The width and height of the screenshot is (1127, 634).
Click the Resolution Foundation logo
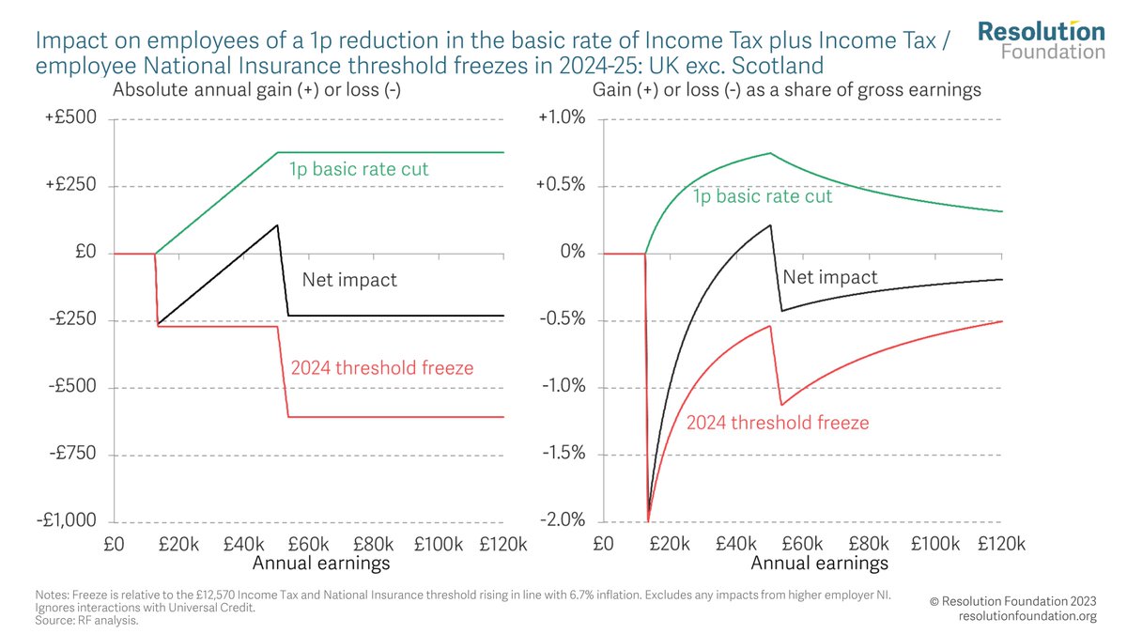(1041, 39)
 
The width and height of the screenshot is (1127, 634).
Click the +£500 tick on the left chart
(79, 119)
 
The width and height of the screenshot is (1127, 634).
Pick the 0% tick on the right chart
(572, 254)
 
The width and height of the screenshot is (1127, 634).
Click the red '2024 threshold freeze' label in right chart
(778, 423)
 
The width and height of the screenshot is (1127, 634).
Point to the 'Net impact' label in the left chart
(349, 279)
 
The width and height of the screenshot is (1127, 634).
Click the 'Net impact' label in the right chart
(830, 277)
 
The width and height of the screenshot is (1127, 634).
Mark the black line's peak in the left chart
(278, 224)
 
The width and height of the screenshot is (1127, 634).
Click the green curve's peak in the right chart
(770, 153)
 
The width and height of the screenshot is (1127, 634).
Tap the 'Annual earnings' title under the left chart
(321, 564)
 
